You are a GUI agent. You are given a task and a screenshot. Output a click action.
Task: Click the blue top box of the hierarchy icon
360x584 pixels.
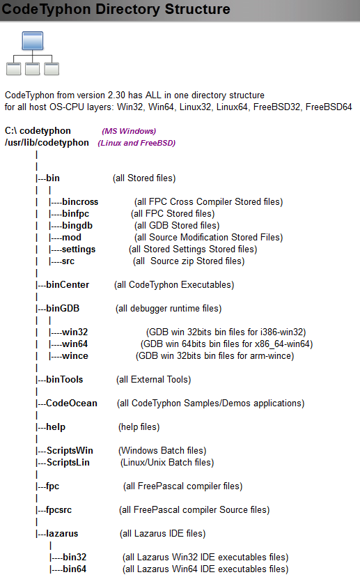tap(33, 40)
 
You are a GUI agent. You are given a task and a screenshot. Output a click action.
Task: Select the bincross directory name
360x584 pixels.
tap(80, 202)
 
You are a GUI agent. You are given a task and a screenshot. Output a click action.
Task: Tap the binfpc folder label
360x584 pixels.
tap(76, 214)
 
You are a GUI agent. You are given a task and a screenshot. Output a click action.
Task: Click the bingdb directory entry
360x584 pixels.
tap(77, 226)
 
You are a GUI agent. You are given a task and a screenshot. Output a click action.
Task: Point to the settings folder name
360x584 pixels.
tap(79, 249)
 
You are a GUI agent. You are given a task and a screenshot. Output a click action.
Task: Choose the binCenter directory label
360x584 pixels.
tap(68, 285)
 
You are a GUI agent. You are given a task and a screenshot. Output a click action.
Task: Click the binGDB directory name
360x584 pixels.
tap(63, 309)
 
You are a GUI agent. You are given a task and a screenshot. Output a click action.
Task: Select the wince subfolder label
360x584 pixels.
tap(75, 356)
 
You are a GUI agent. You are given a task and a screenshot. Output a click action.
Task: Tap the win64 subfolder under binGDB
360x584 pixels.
tap(75, 344)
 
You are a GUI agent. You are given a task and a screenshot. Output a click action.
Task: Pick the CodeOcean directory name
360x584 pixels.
tap(72, 404)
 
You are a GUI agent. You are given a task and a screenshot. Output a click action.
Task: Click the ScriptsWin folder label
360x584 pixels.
tap(70, 451)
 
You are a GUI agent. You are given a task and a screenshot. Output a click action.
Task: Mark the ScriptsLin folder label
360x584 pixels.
tap(68, 463)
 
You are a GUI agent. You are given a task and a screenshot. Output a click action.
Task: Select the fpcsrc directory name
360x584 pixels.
tap(58, 510)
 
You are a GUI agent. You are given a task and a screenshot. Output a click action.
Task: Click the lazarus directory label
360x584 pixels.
tap(62, 534)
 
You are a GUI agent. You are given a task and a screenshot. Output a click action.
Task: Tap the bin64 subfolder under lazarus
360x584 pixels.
tap(75, 569)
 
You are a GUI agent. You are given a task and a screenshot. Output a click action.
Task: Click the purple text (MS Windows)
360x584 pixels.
tap(129, 131)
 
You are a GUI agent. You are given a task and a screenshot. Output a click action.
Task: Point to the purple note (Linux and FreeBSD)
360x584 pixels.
tap(136, 143)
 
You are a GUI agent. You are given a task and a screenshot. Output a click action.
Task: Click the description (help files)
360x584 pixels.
tap(139, 427)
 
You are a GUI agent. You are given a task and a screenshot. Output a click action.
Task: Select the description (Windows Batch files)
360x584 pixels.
tap(162, 451)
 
